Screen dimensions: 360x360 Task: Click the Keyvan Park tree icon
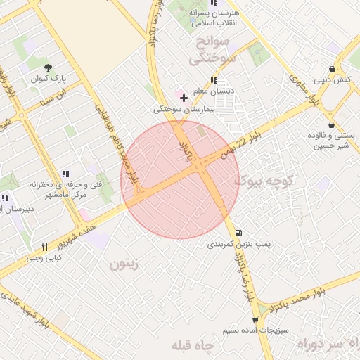point(48,67)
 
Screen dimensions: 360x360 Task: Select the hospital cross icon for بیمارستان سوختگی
point(184,98)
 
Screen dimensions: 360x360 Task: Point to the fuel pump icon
point(240,233)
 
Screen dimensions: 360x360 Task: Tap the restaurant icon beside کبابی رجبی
point(45,247)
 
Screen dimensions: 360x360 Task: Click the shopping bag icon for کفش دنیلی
point(331,67)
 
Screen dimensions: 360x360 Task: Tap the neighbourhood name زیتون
point(128,264)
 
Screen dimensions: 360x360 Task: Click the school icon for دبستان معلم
point(214,80)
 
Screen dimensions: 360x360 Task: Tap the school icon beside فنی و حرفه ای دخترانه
point(65,174)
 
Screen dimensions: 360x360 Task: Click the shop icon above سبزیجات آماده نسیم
point(252,319)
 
